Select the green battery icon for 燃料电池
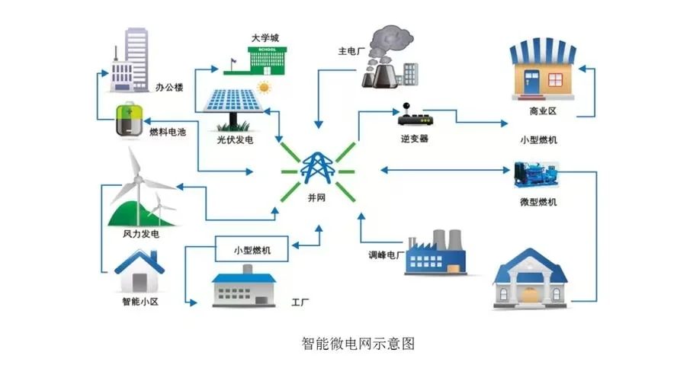point(128,121)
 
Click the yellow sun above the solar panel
point(264,86)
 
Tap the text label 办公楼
point(169,88)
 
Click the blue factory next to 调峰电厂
point(439,251)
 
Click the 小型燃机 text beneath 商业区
point(537,141)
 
